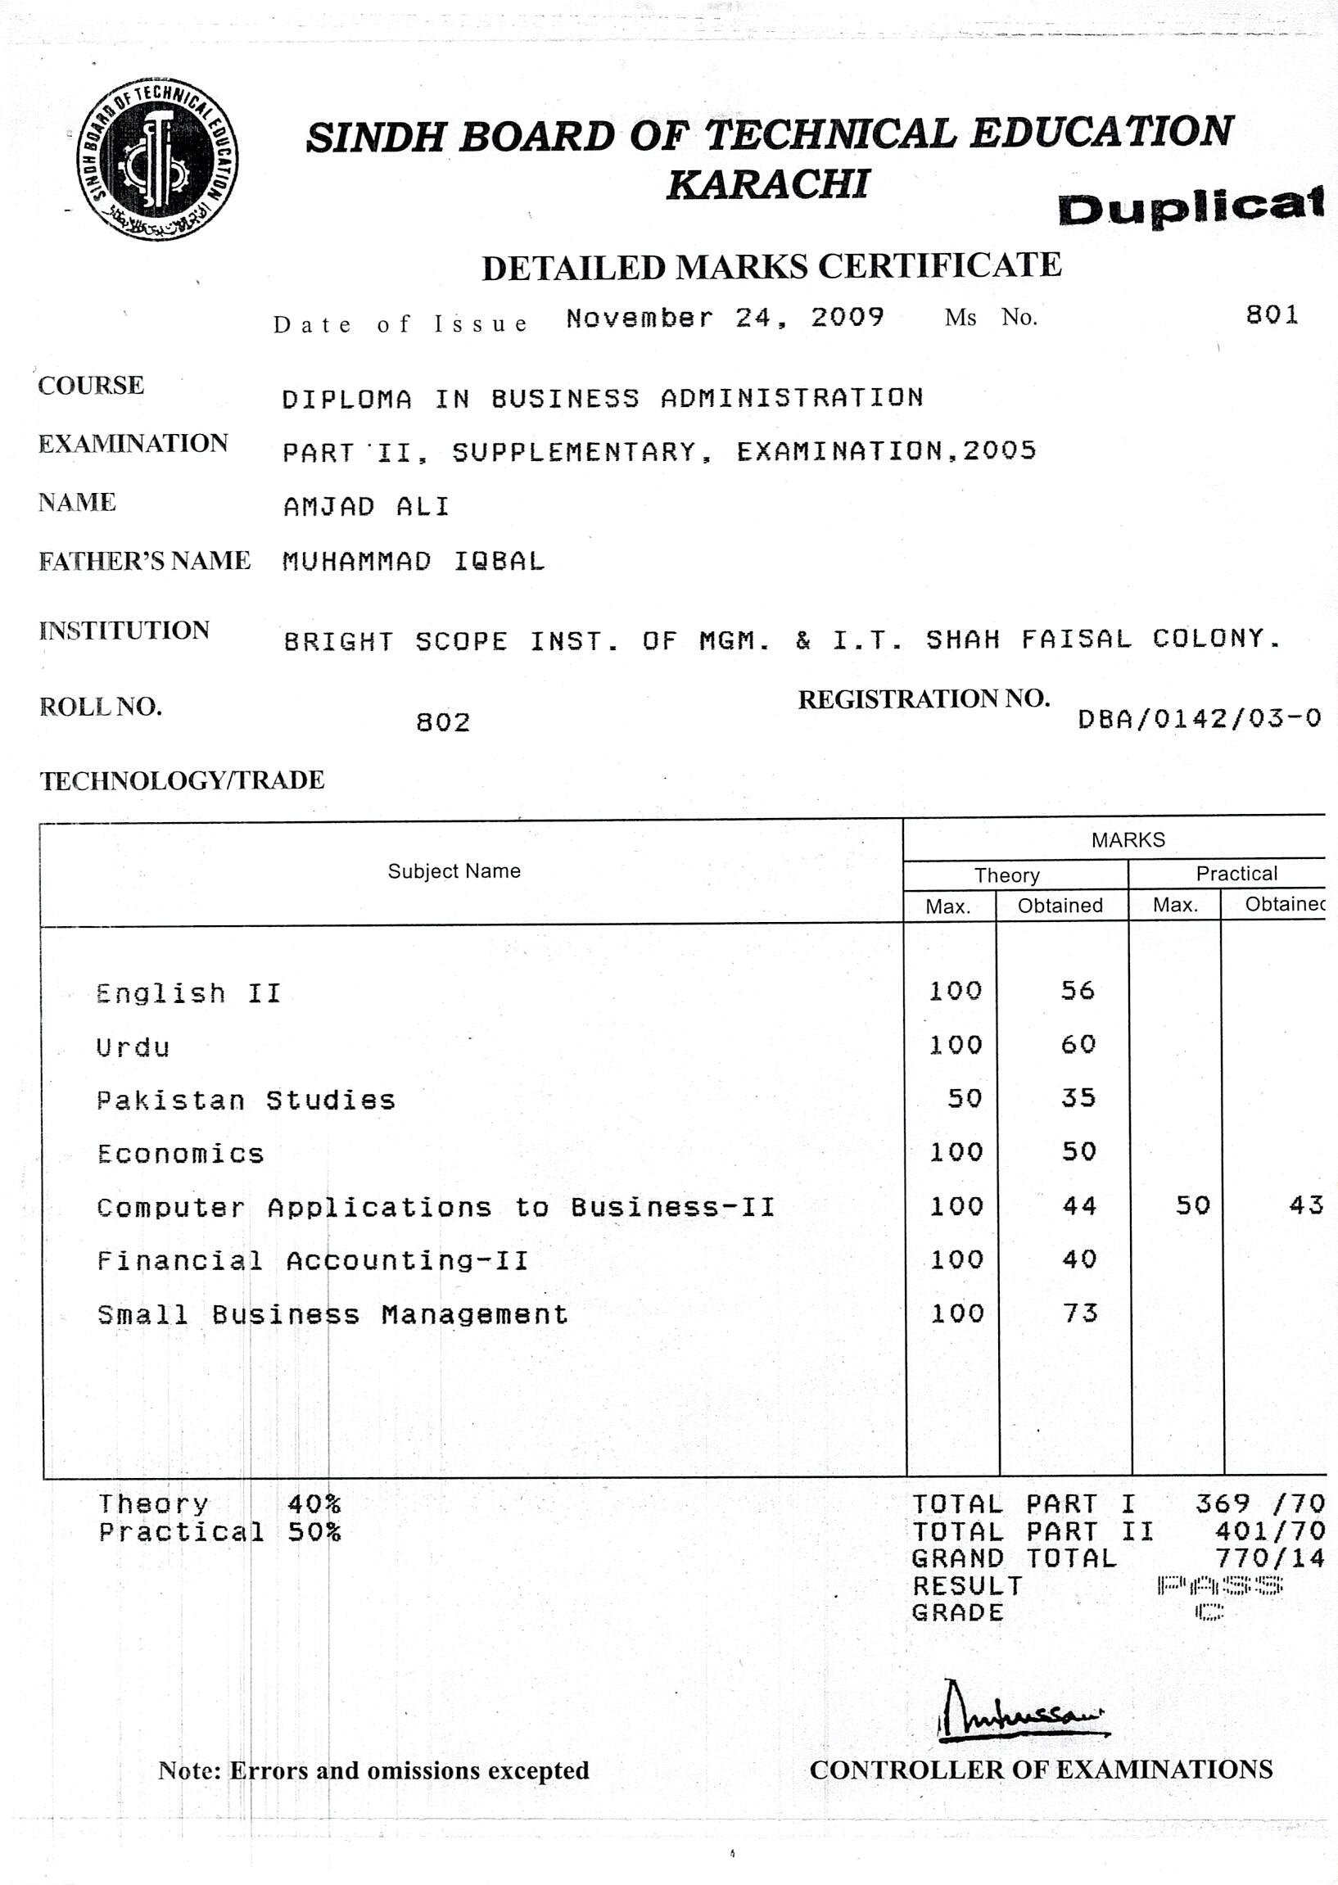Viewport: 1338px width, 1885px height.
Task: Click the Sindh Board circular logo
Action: pyautogui.click(x=157, y=160)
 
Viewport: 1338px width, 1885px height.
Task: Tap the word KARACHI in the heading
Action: pyautogui.click(x=767, y=184)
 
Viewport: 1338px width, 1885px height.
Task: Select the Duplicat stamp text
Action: pyautogui.click(x=1191, y=206)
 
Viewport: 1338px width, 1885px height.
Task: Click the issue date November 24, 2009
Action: pyautogui.click(x=724, y=318)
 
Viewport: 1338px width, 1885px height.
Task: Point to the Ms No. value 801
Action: pyautogui.click(x=1272, y=314)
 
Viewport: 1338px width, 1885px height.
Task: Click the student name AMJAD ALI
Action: pyautogui.click(x=367, y=507)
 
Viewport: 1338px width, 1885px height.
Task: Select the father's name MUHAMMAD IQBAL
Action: pyautogui.click(x=414, y=562)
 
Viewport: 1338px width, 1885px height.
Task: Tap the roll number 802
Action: pyautogui.click(x=442, y=722)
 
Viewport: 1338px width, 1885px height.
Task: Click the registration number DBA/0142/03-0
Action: pyautogui.click(x=1199, y=719)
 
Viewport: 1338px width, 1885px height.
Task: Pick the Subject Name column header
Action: pyautogui.click(x=454, y=870)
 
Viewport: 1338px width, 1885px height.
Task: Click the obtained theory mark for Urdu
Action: pyautogui.click(x=1078, y=1045)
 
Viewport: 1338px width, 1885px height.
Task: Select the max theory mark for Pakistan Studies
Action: pyautogui.click(x=964, y=1098)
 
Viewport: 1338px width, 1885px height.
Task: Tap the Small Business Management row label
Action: pyautogui.click(x=332, y=1314)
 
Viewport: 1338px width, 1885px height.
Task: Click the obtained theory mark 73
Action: pyautogui.click(x=1079, y=1313)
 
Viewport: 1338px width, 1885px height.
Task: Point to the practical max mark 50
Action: pyautogui.click(x=1192, y=1206)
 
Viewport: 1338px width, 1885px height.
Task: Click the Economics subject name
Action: pyautogui.click(x=180, y=1154)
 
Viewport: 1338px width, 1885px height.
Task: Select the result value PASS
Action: pyautogui.click(x=1219, y=1584)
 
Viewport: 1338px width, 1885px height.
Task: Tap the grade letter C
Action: pyautogui.click(x=1209, y=1612)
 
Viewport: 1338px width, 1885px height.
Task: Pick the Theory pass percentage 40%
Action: pyautogui.click(x=313, y=1504)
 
